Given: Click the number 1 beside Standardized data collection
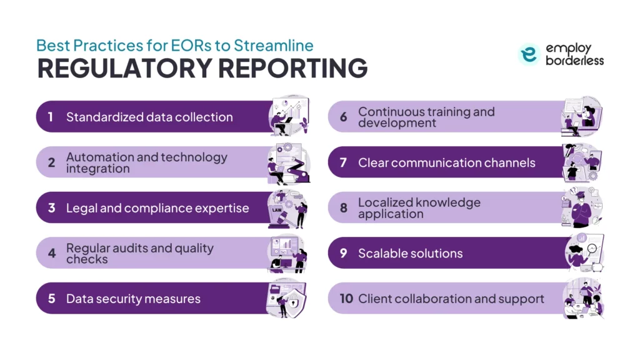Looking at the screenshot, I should pos(51,117).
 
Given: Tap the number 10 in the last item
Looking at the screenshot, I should pos(346,298).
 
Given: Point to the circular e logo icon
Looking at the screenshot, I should pos(529,54).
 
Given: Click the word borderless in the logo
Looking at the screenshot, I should pos(574,61).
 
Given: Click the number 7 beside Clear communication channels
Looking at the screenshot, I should pos(343,162).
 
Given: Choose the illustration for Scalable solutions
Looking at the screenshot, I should pos(584,252).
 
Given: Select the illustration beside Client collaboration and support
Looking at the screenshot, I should pos(583,299).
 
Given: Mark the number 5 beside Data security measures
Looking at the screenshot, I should pos(51,298).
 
